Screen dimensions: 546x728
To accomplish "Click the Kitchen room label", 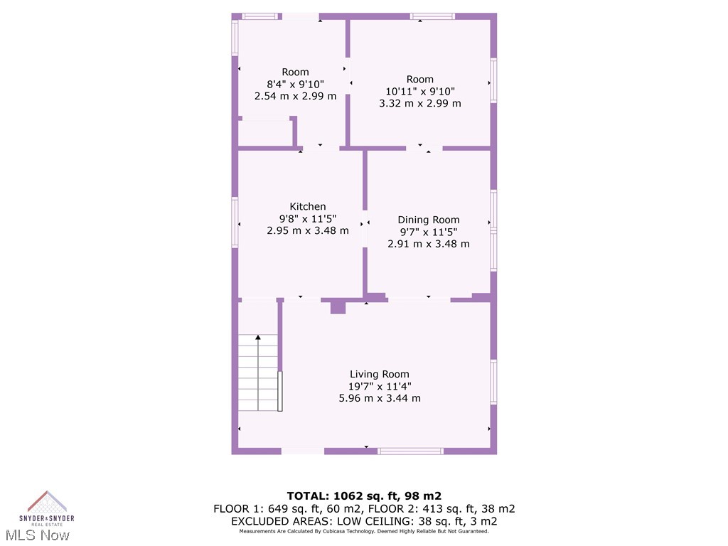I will click(308, 207).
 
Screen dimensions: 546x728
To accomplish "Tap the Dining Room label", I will click(428, 220).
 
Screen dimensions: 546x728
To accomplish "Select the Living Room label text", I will click(379, 374).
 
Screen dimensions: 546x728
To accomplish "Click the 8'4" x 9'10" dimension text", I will click(295, 84).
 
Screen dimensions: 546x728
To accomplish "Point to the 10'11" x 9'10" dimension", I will click(419, 91).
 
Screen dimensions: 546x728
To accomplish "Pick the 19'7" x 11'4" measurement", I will click(379, 386).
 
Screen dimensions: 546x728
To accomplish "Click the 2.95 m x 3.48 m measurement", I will click(308, 230).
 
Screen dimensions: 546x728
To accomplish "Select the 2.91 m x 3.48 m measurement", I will click(428, 243).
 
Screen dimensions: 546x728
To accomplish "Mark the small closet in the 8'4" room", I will click(264, 133).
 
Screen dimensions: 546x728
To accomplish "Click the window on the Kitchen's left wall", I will click(235, 223).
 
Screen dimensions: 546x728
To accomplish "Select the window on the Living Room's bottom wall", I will click(410, 451).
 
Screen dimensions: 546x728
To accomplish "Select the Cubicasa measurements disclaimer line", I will click(364, 531).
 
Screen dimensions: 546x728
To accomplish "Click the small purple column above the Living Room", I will click(338, 307).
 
